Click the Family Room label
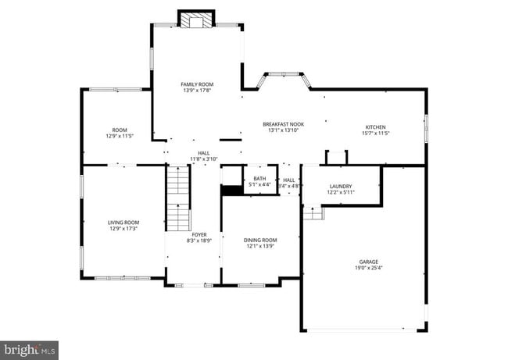[x=197, y=84]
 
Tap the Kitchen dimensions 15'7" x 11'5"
[x=375, y=134]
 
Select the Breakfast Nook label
[x=283, y=124]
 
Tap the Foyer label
[x=199, y=234]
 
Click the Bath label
[x=259, y=179]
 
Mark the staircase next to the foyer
[x=178, y=198]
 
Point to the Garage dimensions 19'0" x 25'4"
[x=368, y=269]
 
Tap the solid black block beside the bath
[x=232, y=190]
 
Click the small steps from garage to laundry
[x=313, y=212]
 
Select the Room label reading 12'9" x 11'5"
[x=120, y=130]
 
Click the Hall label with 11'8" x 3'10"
[x=203, y=153]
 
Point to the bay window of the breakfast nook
[x=285, y=78]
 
